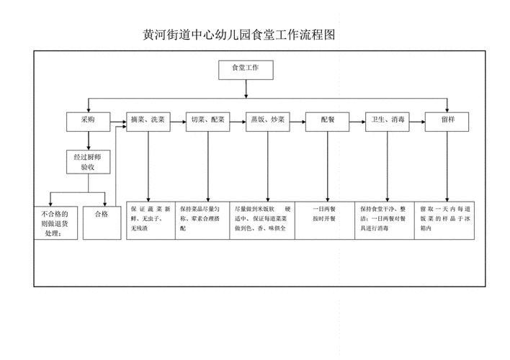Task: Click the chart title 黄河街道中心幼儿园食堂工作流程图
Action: point(241,35)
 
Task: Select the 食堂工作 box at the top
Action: point(246,69)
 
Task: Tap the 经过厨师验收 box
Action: point(88,161)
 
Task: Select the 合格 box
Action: point(100,214)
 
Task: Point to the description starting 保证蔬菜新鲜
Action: point(149,218)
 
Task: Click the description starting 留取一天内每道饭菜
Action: point(444,218)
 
